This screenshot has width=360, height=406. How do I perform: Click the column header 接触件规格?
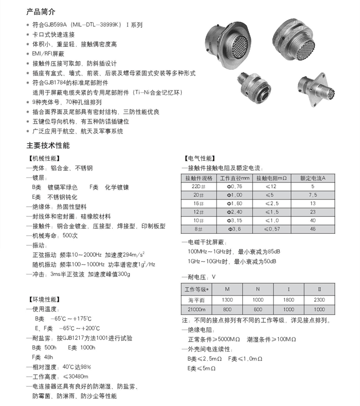pyautogui.click(x=199, y=177)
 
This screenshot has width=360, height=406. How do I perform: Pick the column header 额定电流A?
pyautogui.click(x=313, y=177)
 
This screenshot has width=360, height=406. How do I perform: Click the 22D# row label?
pyautogui.click(x=199, y=186)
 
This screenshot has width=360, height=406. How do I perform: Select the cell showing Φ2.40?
pyautogui.click(x=234, y=211)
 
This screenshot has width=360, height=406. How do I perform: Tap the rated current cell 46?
pyautogui.click(x=313, y=228)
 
